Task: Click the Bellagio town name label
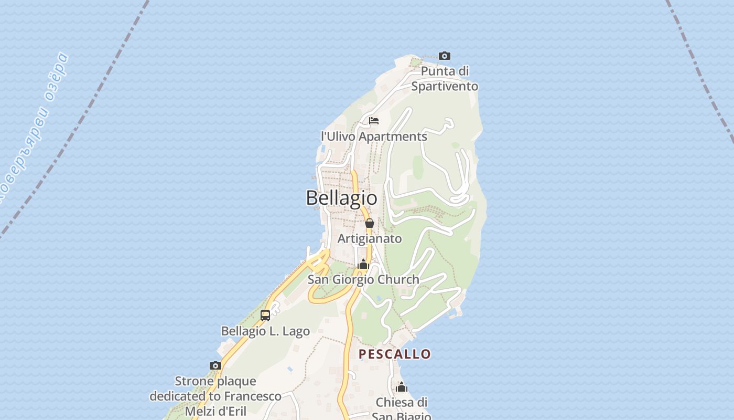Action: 341,198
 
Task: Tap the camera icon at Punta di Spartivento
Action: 445,56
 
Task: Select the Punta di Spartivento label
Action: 445,79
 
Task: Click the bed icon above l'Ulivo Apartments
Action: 374,121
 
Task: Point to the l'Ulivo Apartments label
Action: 374,136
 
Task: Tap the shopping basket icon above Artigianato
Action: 370,223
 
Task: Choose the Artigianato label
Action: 370,239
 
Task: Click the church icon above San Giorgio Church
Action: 363,265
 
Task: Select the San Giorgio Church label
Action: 363,280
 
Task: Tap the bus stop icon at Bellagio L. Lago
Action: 265,316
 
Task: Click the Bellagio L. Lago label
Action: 265,331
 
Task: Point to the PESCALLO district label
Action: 395,354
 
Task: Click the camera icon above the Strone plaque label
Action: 215,365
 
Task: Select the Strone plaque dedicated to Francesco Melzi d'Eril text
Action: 215,396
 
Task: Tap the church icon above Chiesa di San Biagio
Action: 402,387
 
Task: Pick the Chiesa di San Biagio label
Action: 402,409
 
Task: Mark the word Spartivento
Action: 445,86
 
